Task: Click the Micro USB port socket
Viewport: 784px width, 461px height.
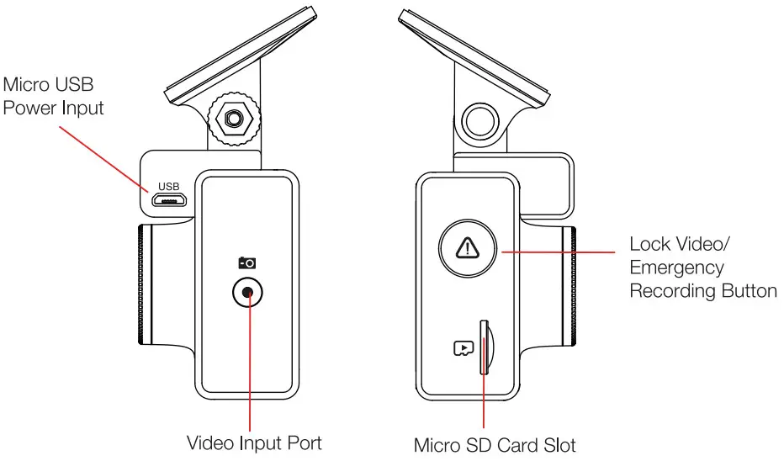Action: (x=169, y=201)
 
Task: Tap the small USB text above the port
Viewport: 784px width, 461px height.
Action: (x=169, y=187)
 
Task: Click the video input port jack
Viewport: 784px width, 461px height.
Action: (x=248, y=293)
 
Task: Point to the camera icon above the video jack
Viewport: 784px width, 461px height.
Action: (x=247, y=262)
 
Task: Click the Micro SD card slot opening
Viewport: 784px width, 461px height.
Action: (x=485, y=346)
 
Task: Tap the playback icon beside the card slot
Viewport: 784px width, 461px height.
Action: (x=464, y=347)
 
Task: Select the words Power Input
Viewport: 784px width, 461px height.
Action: (x=54, y=109)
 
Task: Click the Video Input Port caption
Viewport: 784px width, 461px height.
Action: (x=253, y=442)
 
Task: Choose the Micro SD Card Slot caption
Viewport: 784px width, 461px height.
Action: (x=495, y=444)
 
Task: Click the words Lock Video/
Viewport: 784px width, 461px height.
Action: (x=681, y=245)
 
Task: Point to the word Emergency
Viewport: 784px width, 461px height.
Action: (x=676, y=268)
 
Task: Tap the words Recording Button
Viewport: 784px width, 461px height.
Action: (x=703, y=292)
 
